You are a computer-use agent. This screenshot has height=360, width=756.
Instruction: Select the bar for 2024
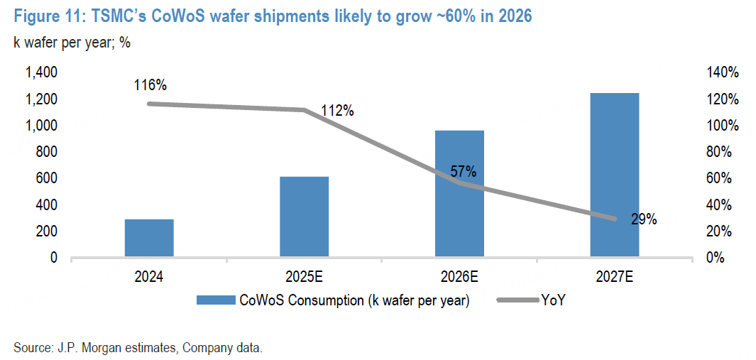(x=149, y=238)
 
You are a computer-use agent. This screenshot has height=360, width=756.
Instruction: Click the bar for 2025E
(x=304, y=217)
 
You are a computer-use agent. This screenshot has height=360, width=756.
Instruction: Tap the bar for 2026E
(x=459, y=193)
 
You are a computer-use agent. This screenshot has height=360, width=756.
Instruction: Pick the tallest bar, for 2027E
(x=614, y=175)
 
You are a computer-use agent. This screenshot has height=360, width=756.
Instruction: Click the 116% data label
(x=150, y=85)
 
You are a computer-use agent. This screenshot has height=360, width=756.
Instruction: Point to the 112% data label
(x=336, y=111)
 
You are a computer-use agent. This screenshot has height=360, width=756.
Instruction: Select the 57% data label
(x=463, y=171)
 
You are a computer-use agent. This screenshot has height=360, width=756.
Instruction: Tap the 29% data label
(x=644, y=219)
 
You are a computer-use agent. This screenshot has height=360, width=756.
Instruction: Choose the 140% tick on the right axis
(x=723, y=72)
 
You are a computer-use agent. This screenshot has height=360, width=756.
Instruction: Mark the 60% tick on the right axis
(x=725, y=178)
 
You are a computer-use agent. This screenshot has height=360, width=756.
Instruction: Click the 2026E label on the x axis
(x=459, y=277)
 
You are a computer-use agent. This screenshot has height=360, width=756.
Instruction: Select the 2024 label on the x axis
(x=149, y=277)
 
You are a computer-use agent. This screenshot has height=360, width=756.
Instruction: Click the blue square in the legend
(x=213, y=301)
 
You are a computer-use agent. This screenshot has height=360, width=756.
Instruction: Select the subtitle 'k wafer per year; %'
(x=72, y=42)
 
